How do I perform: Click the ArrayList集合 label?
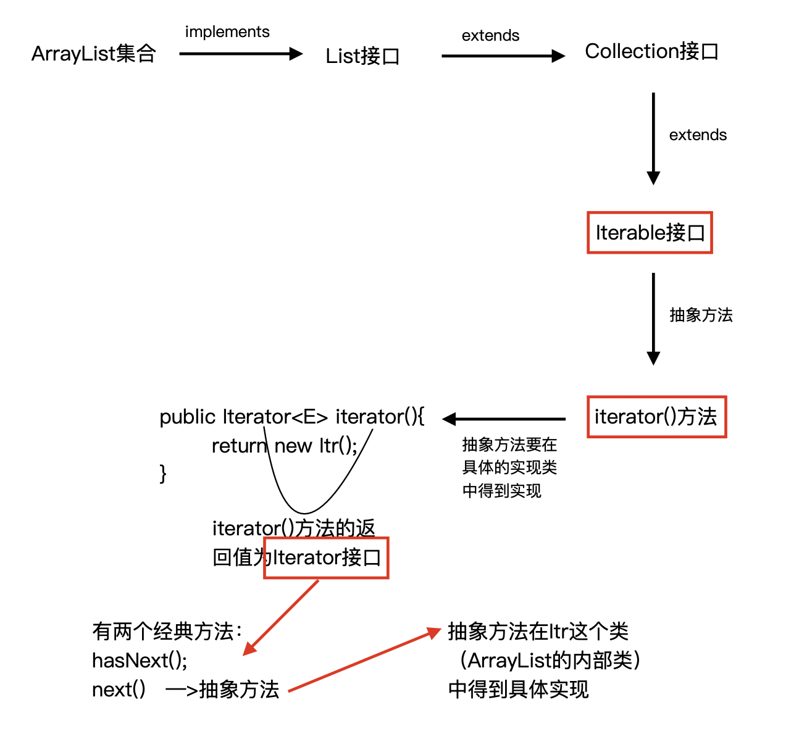point(93,54)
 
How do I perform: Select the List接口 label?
point(362,56)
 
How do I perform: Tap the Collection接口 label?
point(651,51)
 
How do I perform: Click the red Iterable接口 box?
point(650,233)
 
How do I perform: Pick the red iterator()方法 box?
point(656,417)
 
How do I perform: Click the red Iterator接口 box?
point(327,558)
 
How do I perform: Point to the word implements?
point(227,32)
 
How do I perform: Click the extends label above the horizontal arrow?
point(490,36)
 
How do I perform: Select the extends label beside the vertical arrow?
point(698,135)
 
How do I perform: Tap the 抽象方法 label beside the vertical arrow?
point(701,315)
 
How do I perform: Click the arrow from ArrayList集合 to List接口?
point(241,54)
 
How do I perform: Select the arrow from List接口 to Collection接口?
point(503,56)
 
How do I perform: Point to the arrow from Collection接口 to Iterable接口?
point(653,138)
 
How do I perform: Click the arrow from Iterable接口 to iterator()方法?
point(653,319)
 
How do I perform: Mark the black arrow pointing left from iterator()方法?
point(504,419)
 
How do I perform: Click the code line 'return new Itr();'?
point(285,446)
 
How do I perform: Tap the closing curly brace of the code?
point(163,474)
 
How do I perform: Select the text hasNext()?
point(140,661)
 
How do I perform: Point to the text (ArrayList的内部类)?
point(550,661)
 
